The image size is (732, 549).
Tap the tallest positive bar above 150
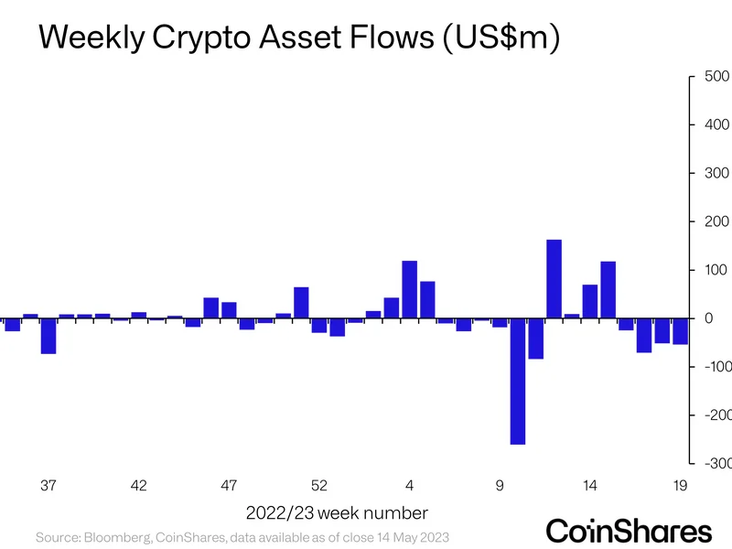point(554,279)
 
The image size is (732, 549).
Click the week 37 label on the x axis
point(49,486)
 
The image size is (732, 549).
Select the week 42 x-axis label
point(139,486)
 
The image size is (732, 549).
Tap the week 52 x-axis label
point(319,486)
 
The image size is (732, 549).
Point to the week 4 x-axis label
point(410,486)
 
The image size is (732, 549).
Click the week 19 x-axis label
point(680,486)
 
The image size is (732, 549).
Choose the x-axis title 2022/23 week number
point(336,511)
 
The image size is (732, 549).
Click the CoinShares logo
point(629,531)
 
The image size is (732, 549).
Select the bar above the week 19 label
point(680,331)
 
